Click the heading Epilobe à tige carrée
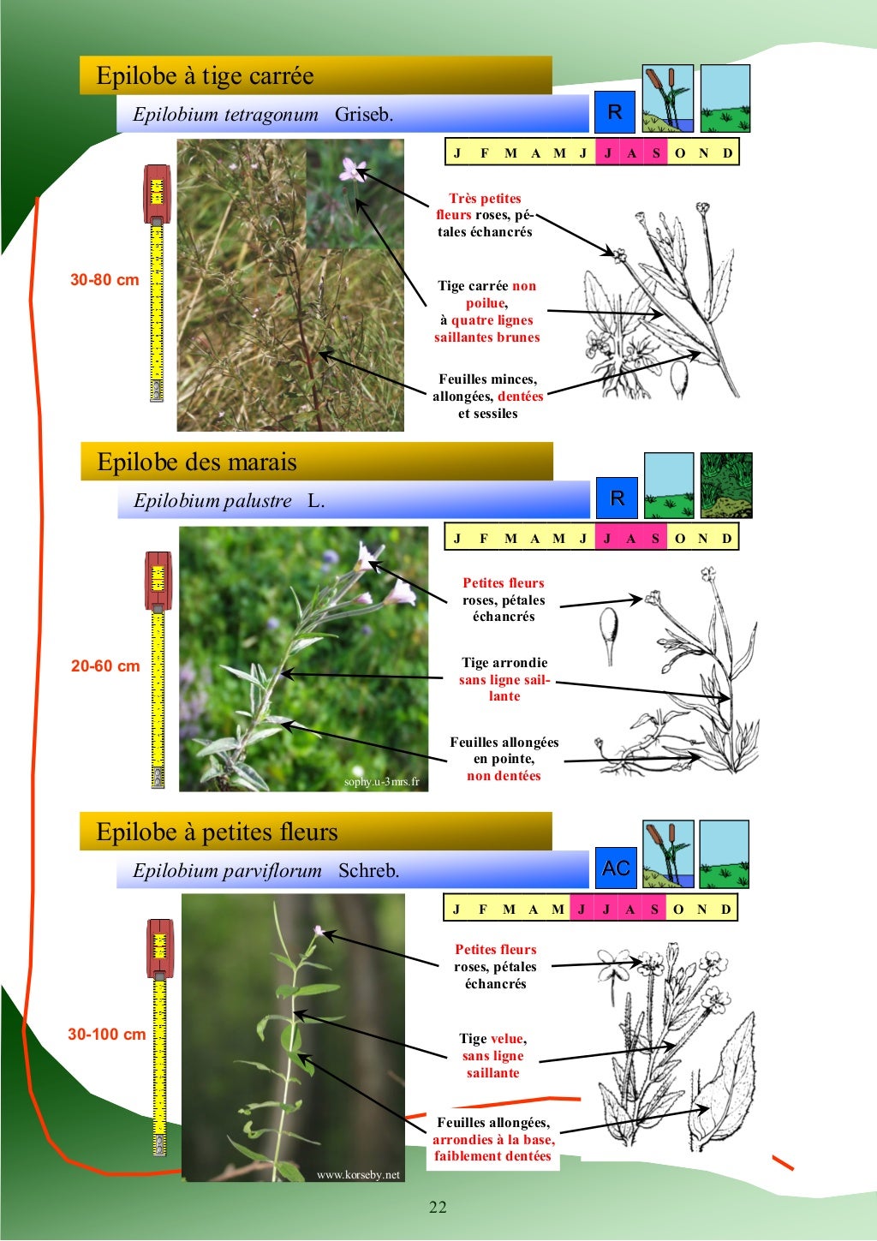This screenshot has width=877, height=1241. [205, 76]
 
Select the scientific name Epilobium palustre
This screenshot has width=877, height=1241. [212, 501]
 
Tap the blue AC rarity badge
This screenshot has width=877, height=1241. [616, 868]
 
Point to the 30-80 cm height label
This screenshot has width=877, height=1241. [104, 280]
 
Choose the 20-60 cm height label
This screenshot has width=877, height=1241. [105, 666]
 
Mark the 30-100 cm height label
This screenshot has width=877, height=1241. [107, 1034]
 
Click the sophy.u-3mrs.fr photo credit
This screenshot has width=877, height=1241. [382, 782]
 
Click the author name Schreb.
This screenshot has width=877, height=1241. [368, 870]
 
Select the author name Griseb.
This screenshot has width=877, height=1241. [364, 115]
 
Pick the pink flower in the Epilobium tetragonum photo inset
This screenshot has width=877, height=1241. [352, 170]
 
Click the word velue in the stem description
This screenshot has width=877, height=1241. [507, 1039]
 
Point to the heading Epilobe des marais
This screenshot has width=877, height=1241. [197, 462]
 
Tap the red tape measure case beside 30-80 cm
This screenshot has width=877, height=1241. [157, 193]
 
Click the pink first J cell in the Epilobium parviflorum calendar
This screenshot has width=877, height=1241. [582, 910]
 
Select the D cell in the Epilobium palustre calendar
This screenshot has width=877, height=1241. [726, 538]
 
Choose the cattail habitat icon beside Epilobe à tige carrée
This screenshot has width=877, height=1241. [667, 98]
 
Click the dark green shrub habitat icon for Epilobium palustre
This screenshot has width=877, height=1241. [725, 486]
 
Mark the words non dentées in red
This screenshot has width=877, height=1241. [504, 776]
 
